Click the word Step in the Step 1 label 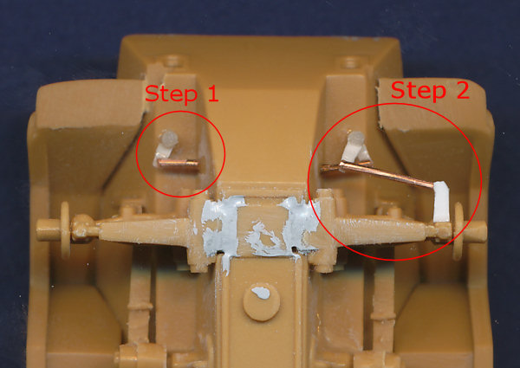click(x=171, y=94)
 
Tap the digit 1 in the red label click(x=212, y=93)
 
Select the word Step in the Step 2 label click(x=419, y=91)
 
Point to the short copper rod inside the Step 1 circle click(x=179, y=163)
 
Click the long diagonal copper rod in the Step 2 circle click(x=387, y=175)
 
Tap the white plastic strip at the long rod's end click(x=441, y=202)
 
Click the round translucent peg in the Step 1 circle click(x=169, y=139)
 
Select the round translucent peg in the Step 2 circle click(x=356, y=138)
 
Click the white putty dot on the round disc click(x=261, y=293)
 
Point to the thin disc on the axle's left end click(x=65, y=229)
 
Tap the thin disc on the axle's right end click(x=458, y=231)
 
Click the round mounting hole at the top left click(x=173, y=61)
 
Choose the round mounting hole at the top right click(x=350, y=62)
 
